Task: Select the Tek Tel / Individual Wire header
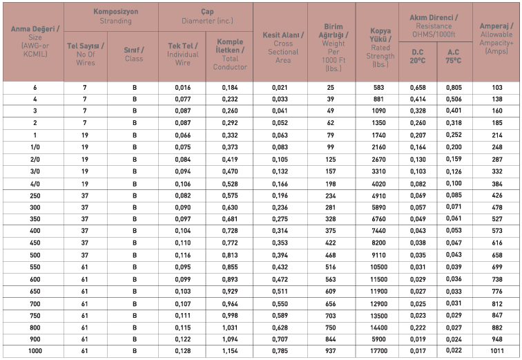pyautogui.click(x=183, y=54)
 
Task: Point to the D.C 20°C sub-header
pyautogui.click(x=417, y=56)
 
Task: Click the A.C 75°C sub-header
pyautogui.click(x=454, y=56)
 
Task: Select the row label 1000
pyautogui.click(x=35, y=350)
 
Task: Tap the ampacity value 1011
pyautogui.click(x=497, y=350)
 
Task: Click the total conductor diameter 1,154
pyautogui.click(x=230, y=350)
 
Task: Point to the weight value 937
pyautogui.click(x=331, y=350)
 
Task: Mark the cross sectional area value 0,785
pyautogui.click(x=280, y=350)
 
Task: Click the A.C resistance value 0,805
pyautogui.click(x=454, y=88)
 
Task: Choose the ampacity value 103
pyautogui.click(x=497, y=88)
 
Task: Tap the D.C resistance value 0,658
pyautogui.click(x=417, y=88)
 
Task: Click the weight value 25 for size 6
pyautogui.click(x=331, y=88)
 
